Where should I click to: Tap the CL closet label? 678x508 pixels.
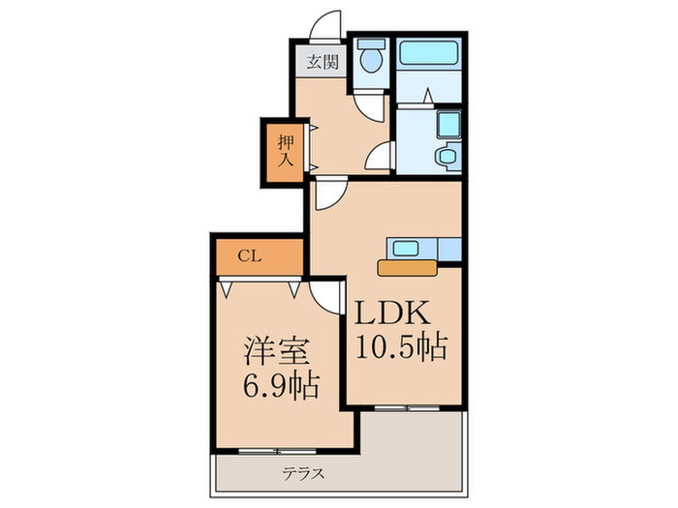click(x=249, y=257)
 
